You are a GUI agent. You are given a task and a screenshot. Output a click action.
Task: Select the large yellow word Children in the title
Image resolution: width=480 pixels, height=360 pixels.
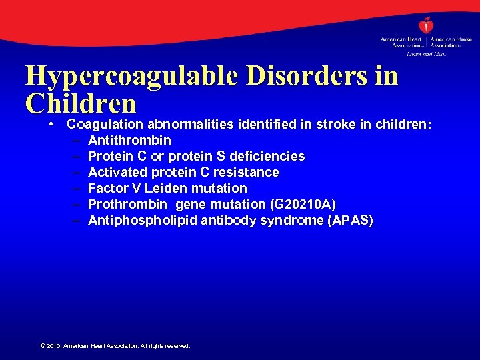point(81,103)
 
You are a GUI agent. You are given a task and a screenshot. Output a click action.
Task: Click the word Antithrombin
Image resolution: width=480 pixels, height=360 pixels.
point(129,140)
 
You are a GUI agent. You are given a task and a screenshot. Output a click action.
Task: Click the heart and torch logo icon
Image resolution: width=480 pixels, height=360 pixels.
point(425,26)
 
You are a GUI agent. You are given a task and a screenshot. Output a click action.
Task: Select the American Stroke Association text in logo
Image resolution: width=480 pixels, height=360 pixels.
point(451,42)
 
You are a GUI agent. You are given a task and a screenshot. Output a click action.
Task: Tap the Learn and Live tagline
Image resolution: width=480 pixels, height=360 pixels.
point(426,53)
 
